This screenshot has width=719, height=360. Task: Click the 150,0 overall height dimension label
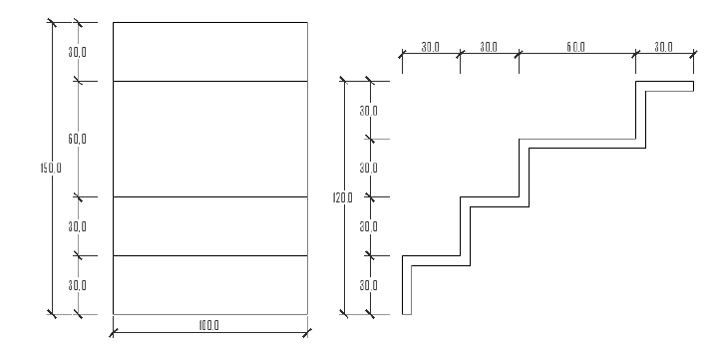tap(51, 168)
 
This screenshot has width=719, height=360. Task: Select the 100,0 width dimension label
tap(208, 326)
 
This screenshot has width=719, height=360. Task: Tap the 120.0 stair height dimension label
tap(342, 197)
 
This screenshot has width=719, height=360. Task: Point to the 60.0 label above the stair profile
tap(576, 47)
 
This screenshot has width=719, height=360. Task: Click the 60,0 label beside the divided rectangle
tap(77, 139)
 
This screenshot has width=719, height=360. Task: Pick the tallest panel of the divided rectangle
tap(210, 139)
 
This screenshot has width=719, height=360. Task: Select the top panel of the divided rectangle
tap(210, 52)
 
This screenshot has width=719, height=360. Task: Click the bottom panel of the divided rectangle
tap(210, 285)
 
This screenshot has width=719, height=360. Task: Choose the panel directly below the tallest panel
tap(210, 226)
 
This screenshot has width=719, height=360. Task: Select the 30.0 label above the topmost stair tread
tap(663, 47)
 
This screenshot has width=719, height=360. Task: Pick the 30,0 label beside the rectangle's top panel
tap(77, 52)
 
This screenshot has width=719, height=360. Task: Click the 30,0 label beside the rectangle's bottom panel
tap(77, 285)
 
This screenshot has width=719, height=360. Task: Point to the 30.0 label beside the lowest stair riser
tap(369, 285)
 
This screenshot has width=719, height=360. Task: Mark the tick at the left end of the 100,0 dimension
tap(114, 332)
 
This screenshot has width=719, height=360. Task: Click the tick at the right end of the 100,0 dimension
tap(307, 332)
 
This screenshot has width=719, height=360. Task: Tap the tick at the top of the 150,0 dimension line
tap(52, 22)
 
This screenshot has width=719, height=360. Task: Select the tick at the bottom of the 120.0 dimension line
tap(344, 314)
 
